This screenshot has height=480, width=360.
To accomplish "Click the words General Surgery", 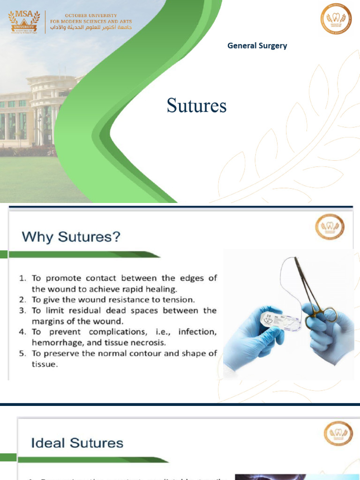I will (x=257, y=45).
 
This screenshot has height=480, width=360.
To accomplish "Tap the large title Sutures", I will (x=196, y=105).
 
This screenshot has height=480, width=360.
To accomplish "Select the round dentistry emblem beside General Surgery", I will (x=336, y=19).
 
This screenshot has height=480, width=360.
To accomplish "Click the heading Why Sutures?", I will (x=71, y=237).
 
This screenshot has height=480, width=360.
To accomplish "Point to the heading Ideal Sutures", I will (x=77, y=442).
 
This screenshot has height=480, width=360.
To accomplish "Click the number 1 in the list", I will (x=22, y=278).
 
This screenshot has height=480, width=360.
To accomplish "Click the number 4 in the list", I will (x=22, y=332).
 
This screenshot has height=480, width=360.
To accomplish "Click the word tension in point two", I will (x=178, y=299).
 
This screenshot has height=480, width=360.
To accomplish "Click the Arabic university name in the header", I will (x=91, y=28).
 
